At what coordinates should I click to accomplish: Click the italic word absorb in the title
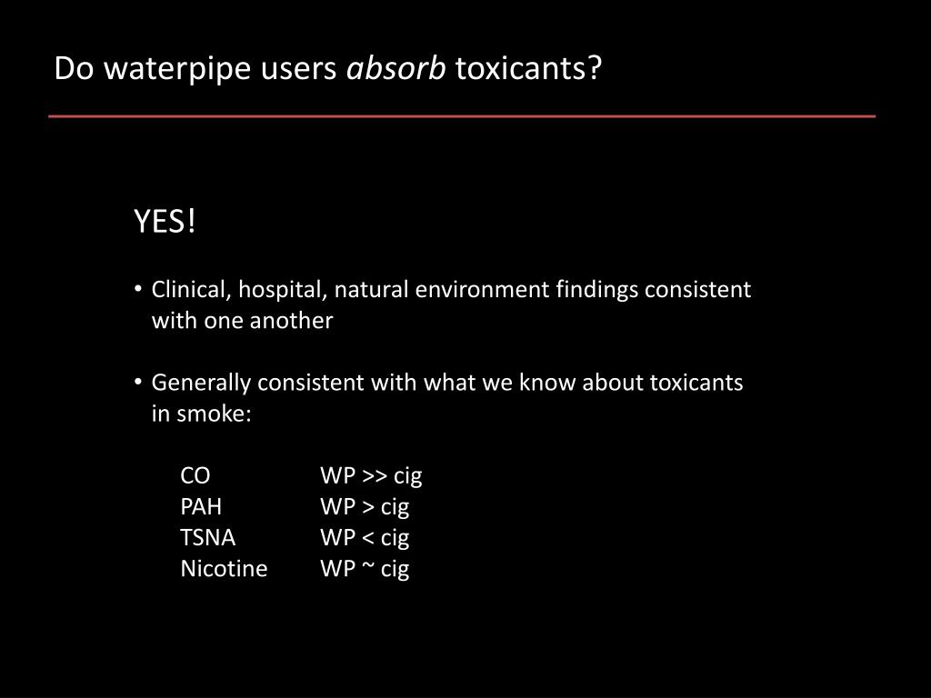(x=397, y=68)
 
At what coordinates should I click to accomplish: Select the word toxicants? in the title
(x=528, y=68)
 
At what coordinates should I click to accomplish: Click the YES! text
(x=165, y=221)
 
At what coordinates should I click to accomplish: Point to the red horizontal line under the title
(x=462, y=116)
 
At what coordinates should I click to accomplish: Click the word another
(x=294, y=321)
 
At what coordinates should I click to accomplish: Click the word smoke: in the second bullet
(x=214, y=414)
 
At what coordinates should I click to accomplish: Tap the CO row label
(x=195, y=475)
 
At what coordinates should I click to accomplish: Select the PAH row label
(x=201, y=506)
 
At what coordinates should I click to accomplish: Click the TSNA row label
(x=207, y=537)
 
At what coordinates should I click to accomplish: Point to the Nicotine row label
(x=224, y=569)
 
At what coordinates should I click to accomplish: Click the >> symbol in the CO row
(x=374, y=475)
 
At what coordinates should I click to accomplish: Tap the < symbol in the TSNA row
(x=368, y=537)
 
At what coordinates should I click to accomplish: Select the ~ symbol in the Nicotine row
(x=368, y=569)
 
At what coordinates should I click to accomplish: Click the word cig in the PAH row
(x=395, y=507)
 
